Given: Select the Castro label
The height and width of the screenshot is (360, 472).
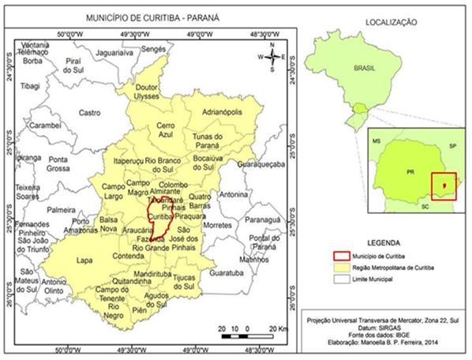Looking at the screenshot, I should [x=90, y=113].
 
